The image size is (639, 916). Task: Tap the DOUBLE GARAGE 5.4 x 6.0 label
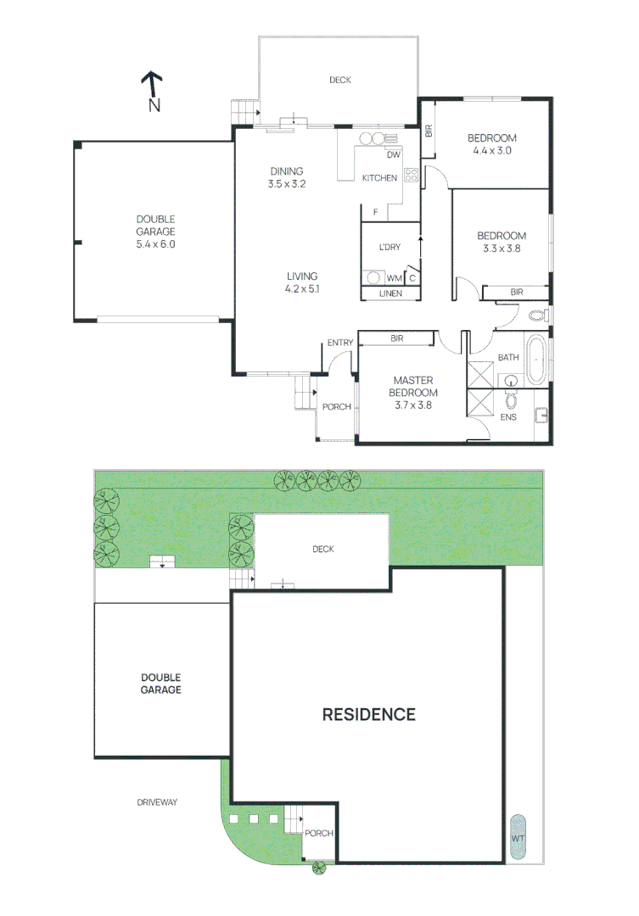(x=154, y=231)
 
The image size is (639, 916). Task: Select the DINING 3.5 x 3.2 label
(x=286, y=177)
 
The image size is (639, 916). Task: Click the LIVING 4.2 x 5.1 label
(x=302, y=282)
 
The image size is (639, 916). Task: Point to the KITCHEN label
(x=379, y=178)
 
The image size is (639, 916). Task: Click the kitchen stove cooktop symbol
(x=412, y=176)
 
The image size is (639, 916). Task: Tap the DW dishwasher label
(x=392, y=155)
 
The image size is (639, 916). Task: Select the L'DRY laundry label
(x=390, y=247)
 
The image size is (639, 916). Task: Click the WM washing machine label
(x=394, y=278)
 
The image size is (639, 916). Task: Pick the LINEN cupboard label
(x=390, y=293)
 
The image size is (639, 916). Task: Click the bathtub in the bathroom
(x=536, y=361)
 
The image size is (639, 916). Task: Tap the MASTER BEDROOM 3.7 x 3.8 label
(x=413, y=393)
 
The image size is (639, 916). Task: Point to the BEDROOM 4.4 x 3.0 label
(x=493, y=144)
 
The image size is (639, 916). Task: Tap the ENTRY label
(x=340, y=343)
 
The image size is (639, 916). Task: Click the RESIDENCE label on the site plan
(x=369, y=714)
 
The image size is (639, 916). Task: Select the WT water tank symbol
(x=517, y=838)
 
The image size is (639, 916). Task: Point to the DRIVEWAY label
(x=157, y=801)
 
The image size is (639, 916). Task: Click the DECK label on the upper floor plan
(x=340, y=80)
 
